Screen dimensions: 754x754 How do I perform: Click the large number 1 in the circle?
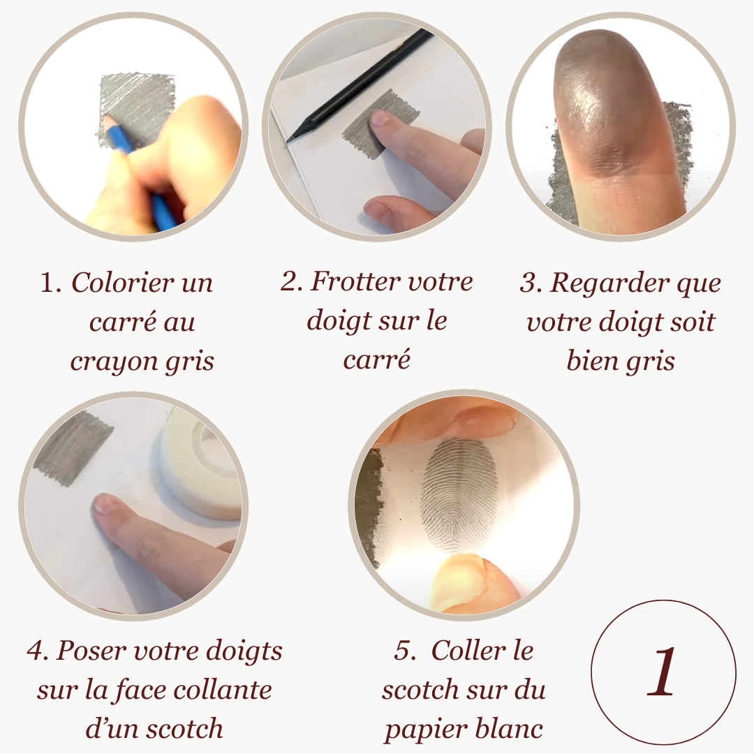click(662, 672)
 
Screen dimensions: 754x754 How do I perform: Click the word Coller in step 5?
click(468, 651)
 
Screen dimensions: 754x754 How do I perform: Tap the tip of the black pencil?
click(288, 141)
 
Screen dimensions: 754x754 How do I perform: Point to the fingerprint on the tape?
click(459, 494)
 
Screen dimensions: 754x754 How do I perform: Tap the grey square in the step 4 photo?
click(72, 448)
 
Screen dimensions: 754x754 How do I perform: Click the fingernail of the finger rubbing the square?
click(380, 118)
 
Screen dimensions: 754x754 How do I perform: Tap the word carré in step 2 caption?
click(376, 360)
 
